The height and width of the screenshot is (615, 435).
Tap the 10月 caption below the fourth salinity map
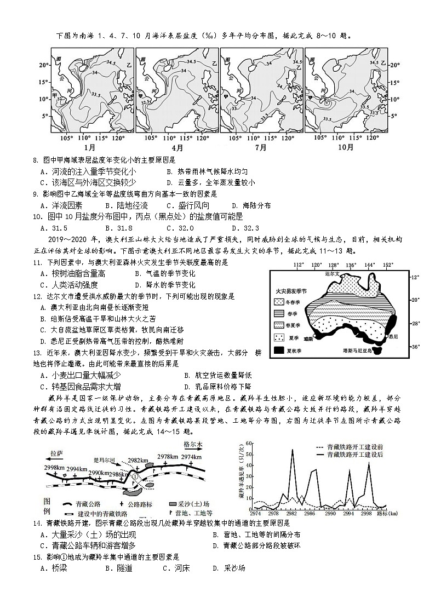(346, 148)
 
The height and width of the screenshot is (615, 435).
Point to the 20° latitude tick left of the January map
(44, 65)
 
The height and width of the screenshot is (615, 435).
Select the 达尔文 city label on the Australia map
(332, 272)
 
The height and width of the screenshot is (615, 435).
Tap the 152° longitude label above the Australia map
(388, 265)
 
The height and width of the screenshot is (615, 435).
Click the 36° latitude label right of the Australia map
(415, 347)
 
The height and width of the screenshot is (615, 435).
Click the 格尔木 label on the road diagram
(193, 444)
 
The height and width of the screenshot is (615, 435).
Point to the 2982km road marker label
(138, 461)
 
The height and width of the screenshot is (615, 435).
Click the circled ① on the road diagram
(135, 476)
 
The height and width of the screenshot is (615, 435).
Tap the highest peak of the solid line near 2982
(292, 450)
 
